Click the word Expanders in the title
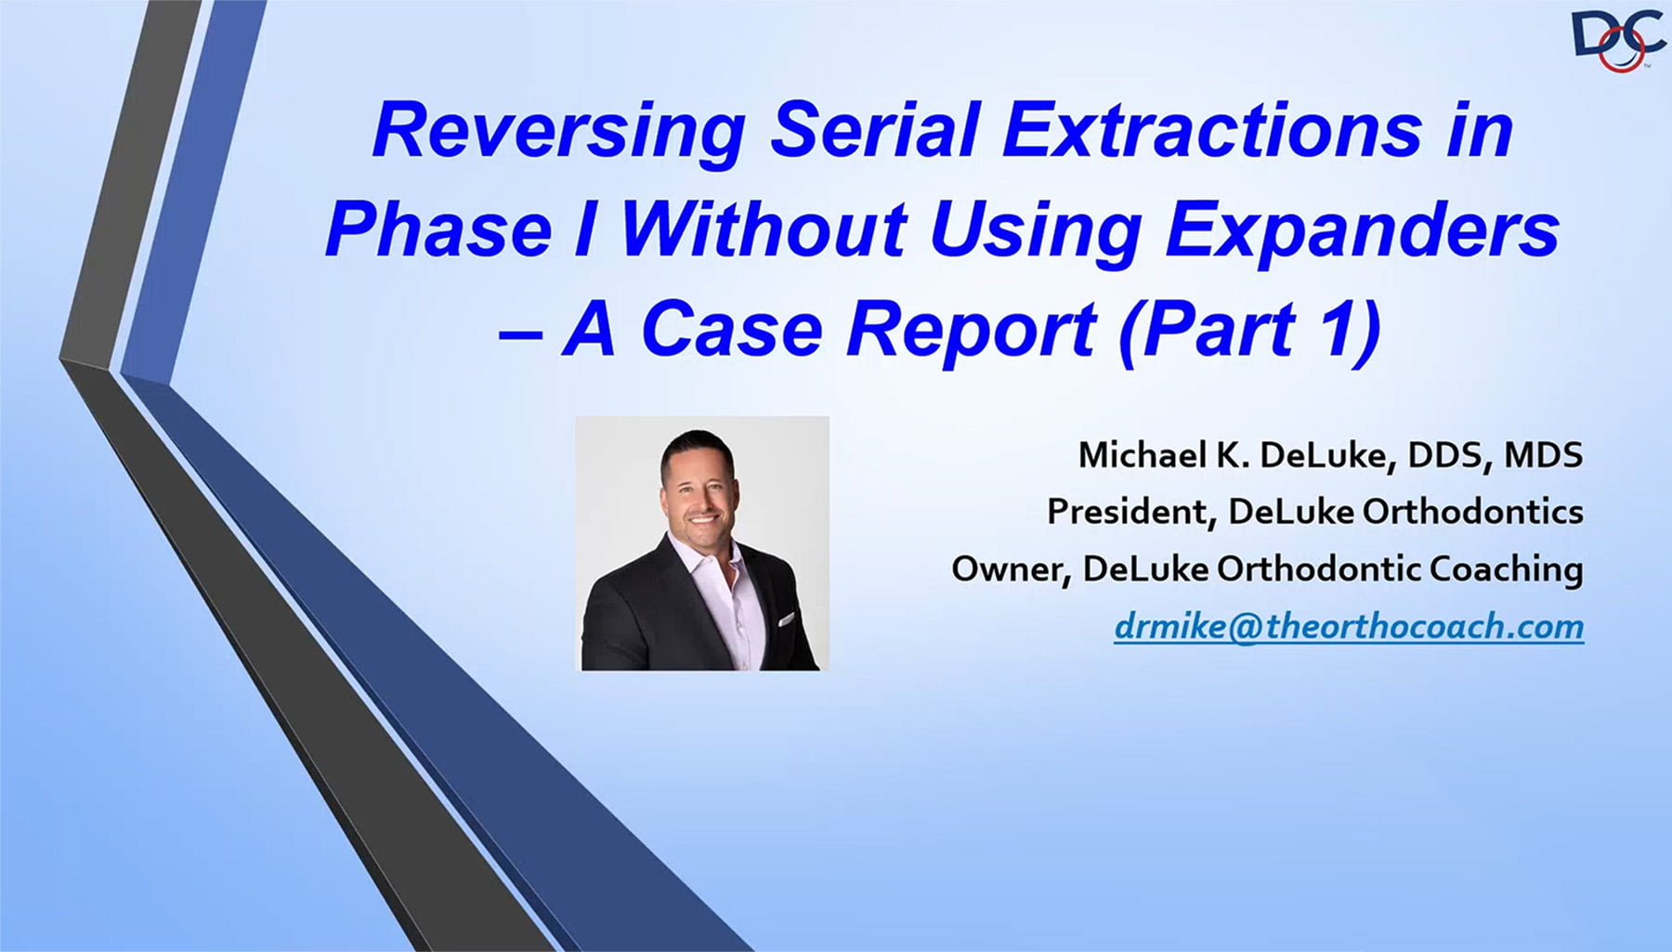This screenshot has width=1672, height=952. point(1362,229)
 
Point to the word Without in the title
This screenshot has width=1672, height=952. point(763,229)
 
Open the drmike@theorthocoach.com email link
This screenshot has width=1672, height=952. point(1349,627)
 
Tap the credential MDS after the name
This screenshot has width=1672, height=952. point(1543,455)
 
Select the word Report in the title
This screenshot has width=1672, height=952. point(972,331)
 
